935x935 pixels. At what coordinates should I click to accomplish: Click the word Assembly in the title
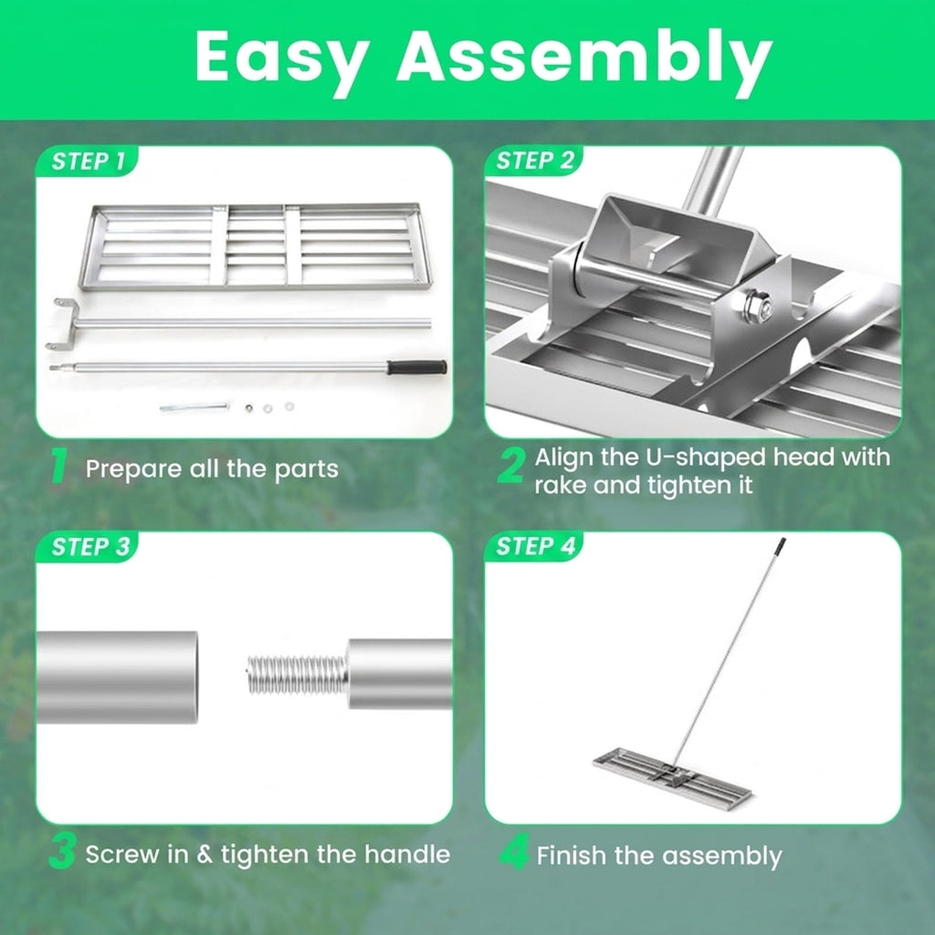pyautogui.click(x=585, y=59)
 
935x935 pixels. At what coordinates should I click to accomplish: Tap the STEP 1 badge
pyautogui.click(x=88, y=162)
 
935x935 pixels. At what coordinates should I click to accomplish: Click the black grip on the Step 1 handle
pyautogui.click(x=416, y=367)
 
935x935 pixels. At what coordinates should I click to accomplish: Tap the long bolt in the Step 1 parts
pyautogui.click(x=194, y=408)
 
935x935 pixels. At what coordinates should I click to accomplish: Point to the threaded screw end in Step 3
pyautogui.click(x=297, y=675)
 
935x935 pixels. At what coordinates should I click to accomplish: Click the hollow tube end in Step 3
pyautogui.click(x=118, y=677)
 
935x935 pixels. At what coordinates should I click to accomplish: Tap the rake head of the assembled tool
pyautogui.click(x=672, y=776)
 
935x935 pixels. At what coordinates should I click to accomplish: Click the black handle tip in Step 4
pyautogui.click(x=780, y=546)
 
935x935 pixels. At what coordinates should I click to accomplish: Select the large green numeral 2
pyautogui.click(x=511, y=466)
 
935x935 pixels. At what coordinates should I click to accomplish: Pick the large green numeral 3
pyautogui.click(x=62, y=852)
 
